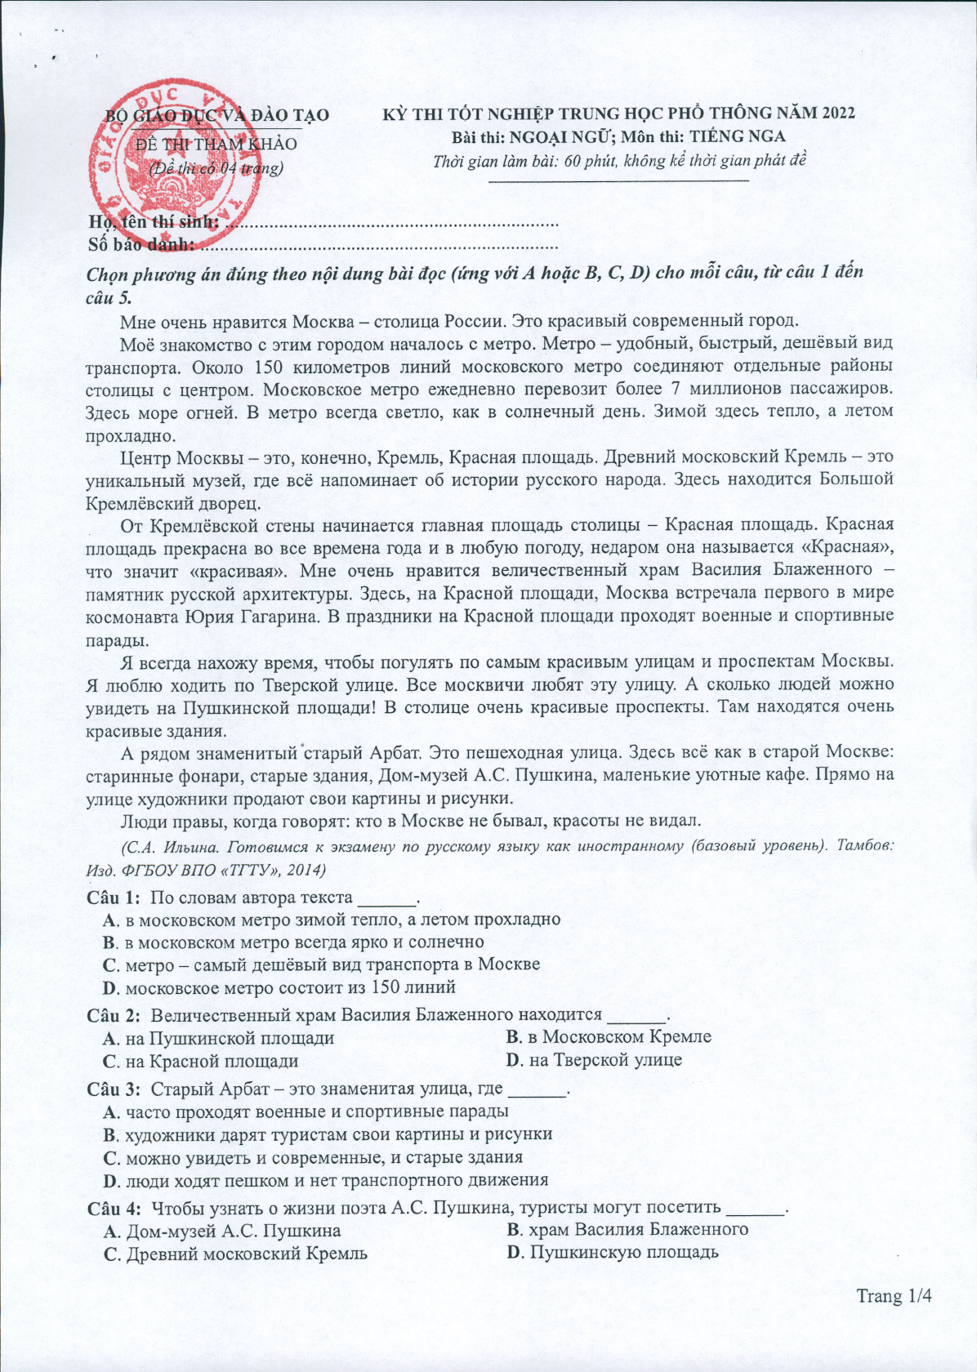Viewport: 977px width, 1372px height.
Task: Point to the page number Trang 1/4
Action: (894, 1296)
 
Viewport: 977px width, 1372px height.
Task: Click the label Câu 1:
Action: (114, 898)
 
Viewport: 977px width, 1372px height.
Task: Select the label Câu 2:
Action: (114, 1016)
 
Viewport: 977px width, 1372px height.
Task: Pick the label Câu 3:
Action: (114, 1089)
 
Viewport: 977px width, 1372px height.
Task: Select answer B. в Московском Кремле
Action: (609, 1037)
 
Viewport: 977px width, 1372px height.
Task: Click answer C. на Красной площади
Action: (201, 1061)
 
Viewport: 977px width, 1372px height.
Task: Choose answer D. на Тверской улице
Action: (594, 1060)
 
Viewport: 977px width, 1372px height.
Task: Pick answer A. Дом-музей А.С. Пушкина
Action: (223, 1231)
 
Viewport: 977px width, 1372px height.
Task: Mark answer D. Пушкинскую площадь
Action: (613, 1253)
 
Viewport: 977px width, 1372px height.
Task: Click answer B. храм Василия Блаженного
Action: (627, 1230)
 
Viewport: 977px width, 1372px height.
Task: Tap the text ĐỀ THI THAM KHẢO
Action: (216, 145)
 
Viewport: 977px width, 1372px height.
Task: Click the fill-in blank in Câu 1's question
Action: (387, 900)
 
